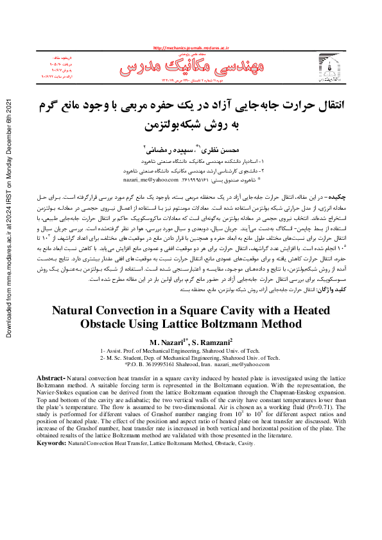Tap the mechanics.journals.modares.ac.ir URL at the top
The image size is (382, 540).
(191, 48)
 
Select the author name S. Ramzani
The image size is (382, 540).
(214, 341)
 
